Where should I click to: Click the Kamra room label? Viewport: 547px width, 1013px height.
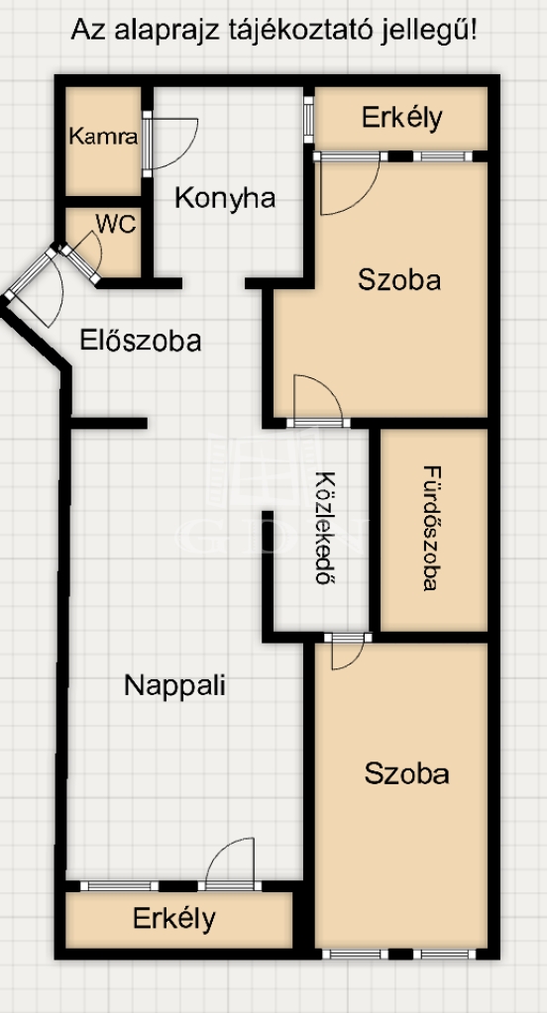[x=103, y=137]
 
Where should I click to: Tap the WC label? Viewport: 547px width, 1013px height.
[x=116, y=224]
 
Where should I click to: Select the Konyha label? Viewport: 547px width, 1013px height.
[x=225, y=198]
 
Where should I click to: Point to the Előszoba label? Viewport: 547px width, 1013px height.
[x=141, y=341]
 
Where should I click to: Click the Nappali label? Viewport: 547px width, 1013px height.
[x=174, y=685]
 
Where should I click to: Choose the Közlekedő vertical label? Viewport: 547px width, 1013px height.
[x=327, y=529]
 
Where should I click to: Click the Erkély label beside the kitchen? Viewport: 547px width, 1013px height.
[x=402, y=118]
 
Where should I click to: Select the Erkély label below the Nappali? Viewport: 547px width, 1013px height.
[x=174, y=918]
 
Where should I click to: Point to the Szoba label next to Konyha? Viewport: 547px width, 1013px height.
[x=399, y=280]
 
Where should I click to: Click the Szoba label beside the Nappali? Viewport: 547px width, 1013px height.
[x=406, y=773]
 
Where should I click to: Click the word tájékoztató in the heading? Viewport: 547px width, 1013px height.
[x=297, y=31]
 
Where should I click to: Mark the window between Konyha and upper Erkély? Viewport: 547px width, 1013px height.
[x=308, y=120]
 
